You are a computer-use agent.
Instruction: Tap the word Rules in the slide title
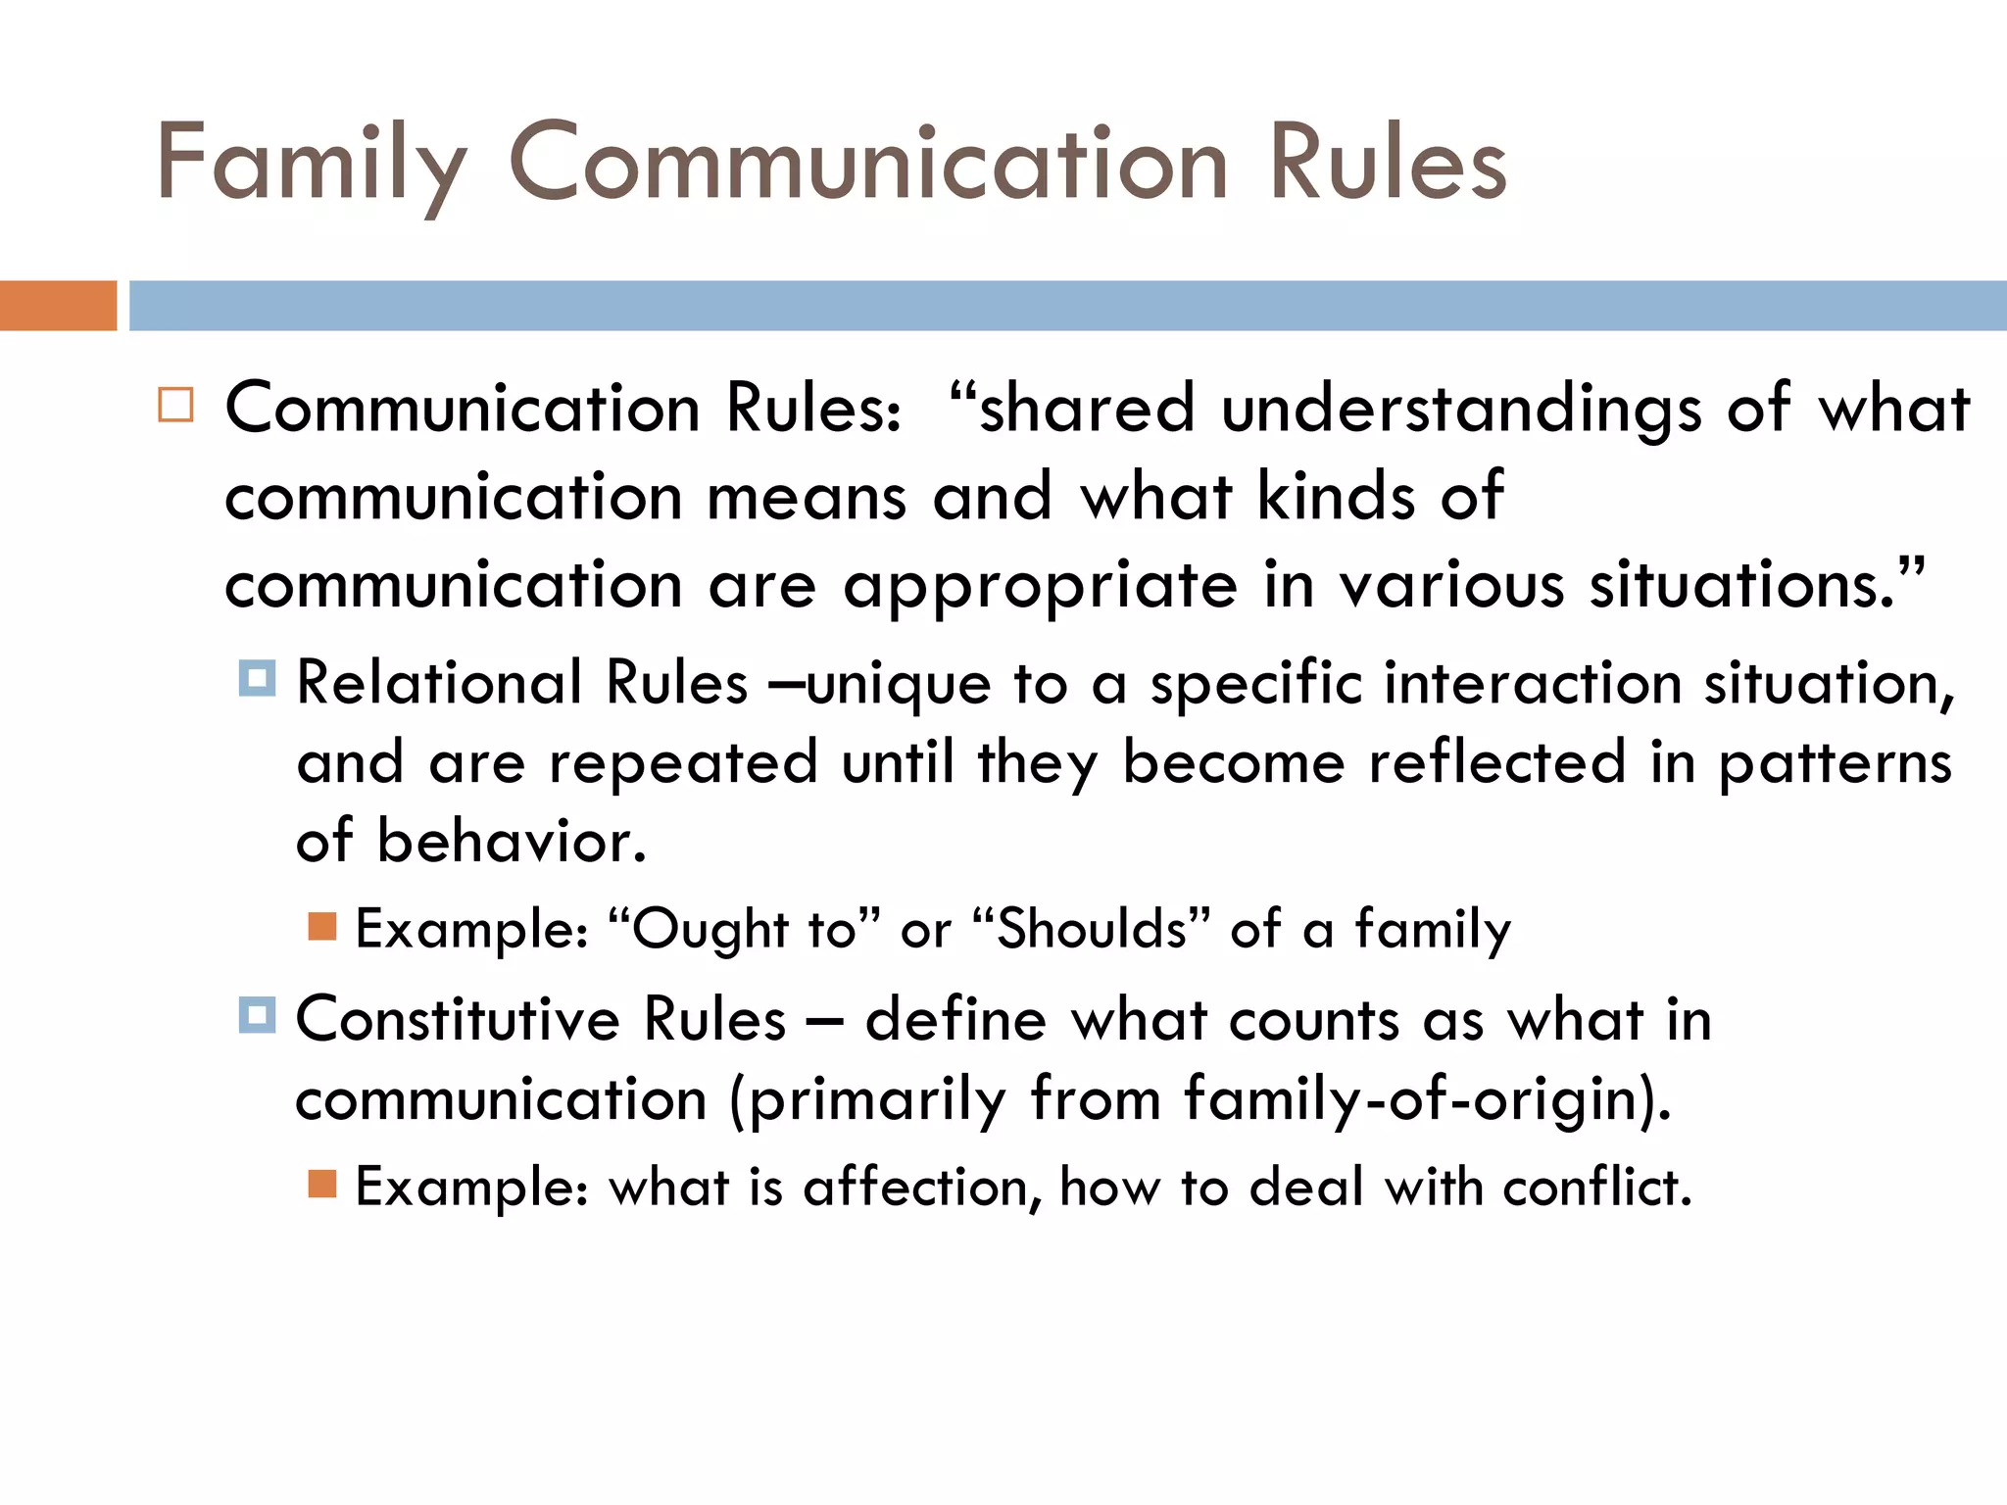(x=1387, y=163)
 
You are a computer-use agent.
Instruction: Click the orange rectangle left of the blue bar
(x=58, y=306)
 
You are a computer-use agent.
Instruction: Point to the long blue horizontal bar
(x=1067, y=306)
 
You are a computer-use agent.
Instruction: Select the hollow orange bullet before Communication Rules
(x=176, y=405)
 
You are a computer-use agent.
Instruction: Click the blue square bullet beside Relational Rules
(x=257, y=678)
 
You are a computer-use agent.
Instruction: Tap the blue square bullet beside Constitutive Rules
(x=257, y=1015)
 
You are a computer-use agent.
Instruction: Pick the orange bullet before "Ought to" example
(x=322, y=926)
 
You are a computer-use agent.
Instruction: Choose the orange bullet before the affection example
(x=322, y=1185)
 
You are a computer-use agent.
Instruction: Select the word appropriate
(x=1040, y=587)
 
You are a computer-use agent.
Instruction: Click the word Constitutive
(x=458, y=1019)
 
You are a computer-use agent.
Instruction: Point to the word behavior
(x=512, y=842)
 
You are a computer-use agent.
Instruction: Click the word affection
(x=917, y=1187)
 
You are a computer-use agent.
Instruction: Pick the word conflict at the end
(x=1596, y=1187)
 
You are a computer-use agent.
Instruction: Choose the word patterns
(x=1836, y=764)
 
